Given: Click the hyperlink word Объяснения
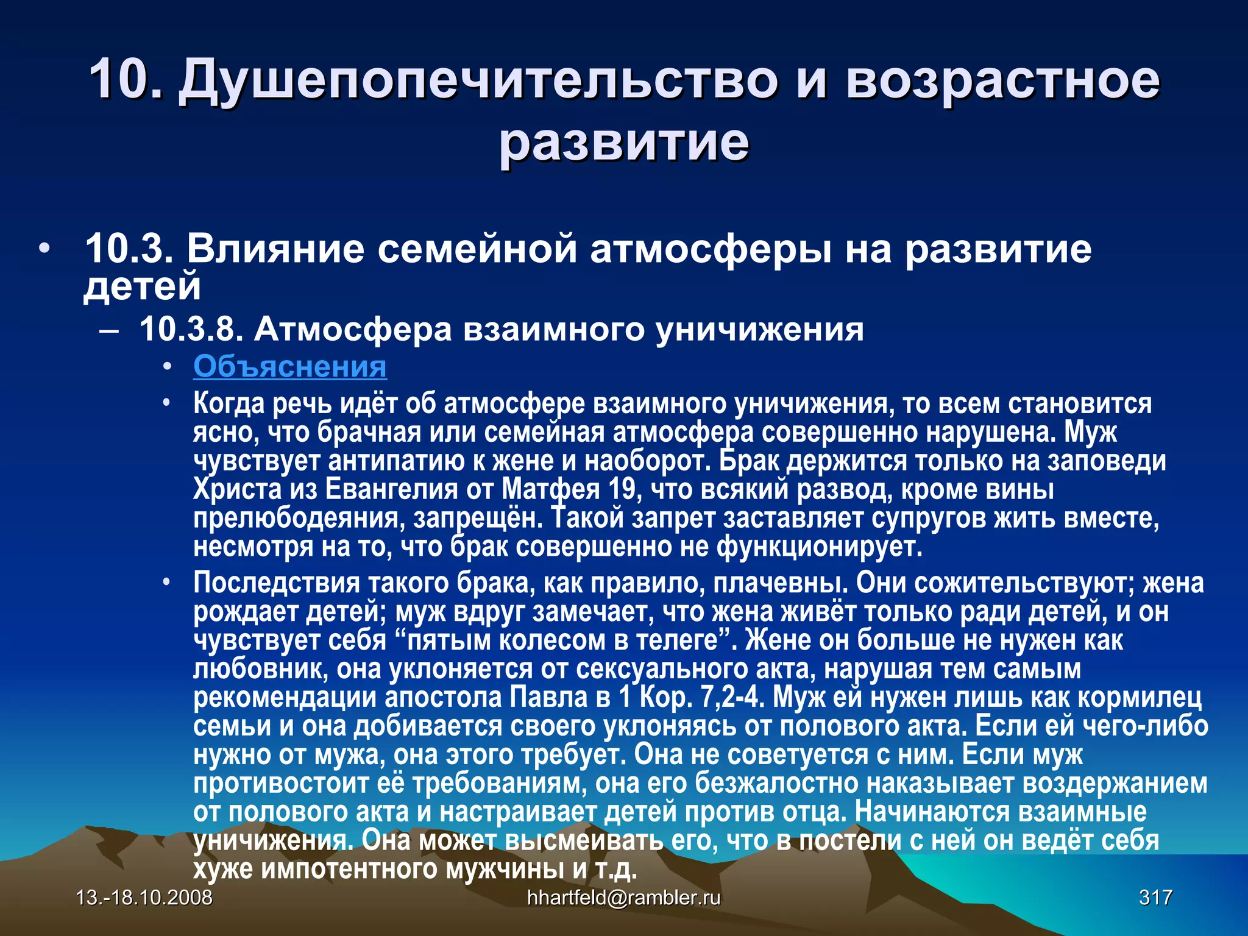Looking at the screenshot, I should point(290,367).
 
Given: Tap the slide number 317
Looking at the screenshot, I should point(1155,898).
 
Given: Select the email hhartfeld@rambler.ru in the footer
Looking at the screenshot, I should point(623,898).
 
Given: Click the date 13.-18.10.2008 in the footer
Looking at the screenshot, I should point(144,898).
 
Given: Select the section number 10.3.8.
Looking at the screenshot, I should point(191,330).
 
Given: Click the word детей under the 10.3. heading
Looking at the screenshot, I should point(142,286).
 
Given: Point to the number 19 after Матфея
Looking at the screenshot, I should point(620,489).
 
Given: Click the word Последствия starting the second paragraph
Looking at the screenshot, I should point(277,583).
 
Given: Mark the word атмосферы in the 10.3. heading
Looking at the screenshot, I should point(710,249).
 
